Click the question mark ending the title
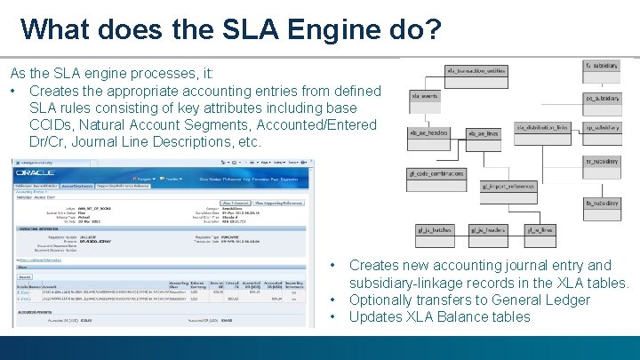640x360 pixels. [430, 29]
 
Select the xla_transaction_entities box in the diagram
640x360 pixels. [476, 69]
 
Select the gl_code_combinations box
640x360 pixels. [436, 174]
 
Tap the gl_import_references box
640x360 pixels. [508, 187]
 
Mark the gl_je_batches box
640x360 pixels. [436, 230]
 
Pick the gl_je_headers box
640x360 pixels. [488, 230]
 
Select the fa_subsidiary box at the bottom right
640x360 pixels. [602, 203]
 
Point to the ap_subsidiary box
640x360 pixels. [602, 127]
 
